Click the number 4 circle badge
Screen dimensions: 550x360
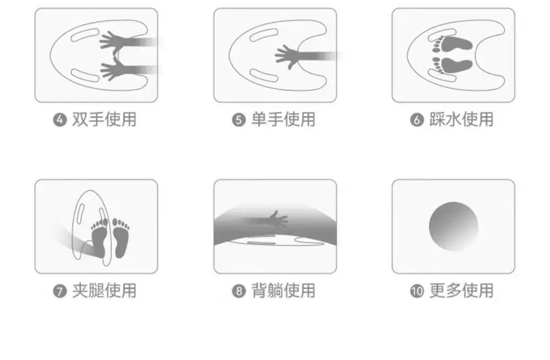click(x=60, y=120)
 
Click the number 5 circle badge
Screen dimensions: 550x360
click(x=239, y=120)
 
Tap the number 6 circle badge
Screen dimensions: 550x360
click(x=417, y=120)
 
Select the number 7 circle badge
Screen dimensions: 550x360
click(x=60, y=291)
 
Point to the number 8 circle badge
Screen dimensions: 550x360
click(x=239, y=291)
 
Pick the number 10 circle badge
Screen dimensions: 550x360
click(x=417, y=291)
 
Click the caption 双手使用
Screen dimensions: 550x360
click(x=104, y=119)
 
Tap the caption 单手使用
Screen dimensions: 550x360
click(x=283, y=119)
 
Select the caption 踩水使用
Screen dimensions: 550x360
click(x=461, y=119)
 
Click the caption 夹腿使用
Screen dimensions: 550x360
click(x=104, y=291)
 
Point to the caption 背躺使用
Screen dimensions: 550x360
click(x=283, y=291)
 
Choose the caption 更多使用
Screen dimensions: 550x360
click(x=461, y=291)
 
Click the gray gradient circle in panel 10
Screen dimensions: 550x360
click(x=454, y=227)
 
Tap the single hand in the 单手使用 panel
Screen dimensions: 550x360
click(x=288, y=57)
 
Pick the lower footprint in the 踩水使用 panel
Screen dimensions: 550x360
click(x=453, y=66)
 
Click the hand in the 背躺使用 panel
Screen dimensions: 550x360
click(x=278, y=219)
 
